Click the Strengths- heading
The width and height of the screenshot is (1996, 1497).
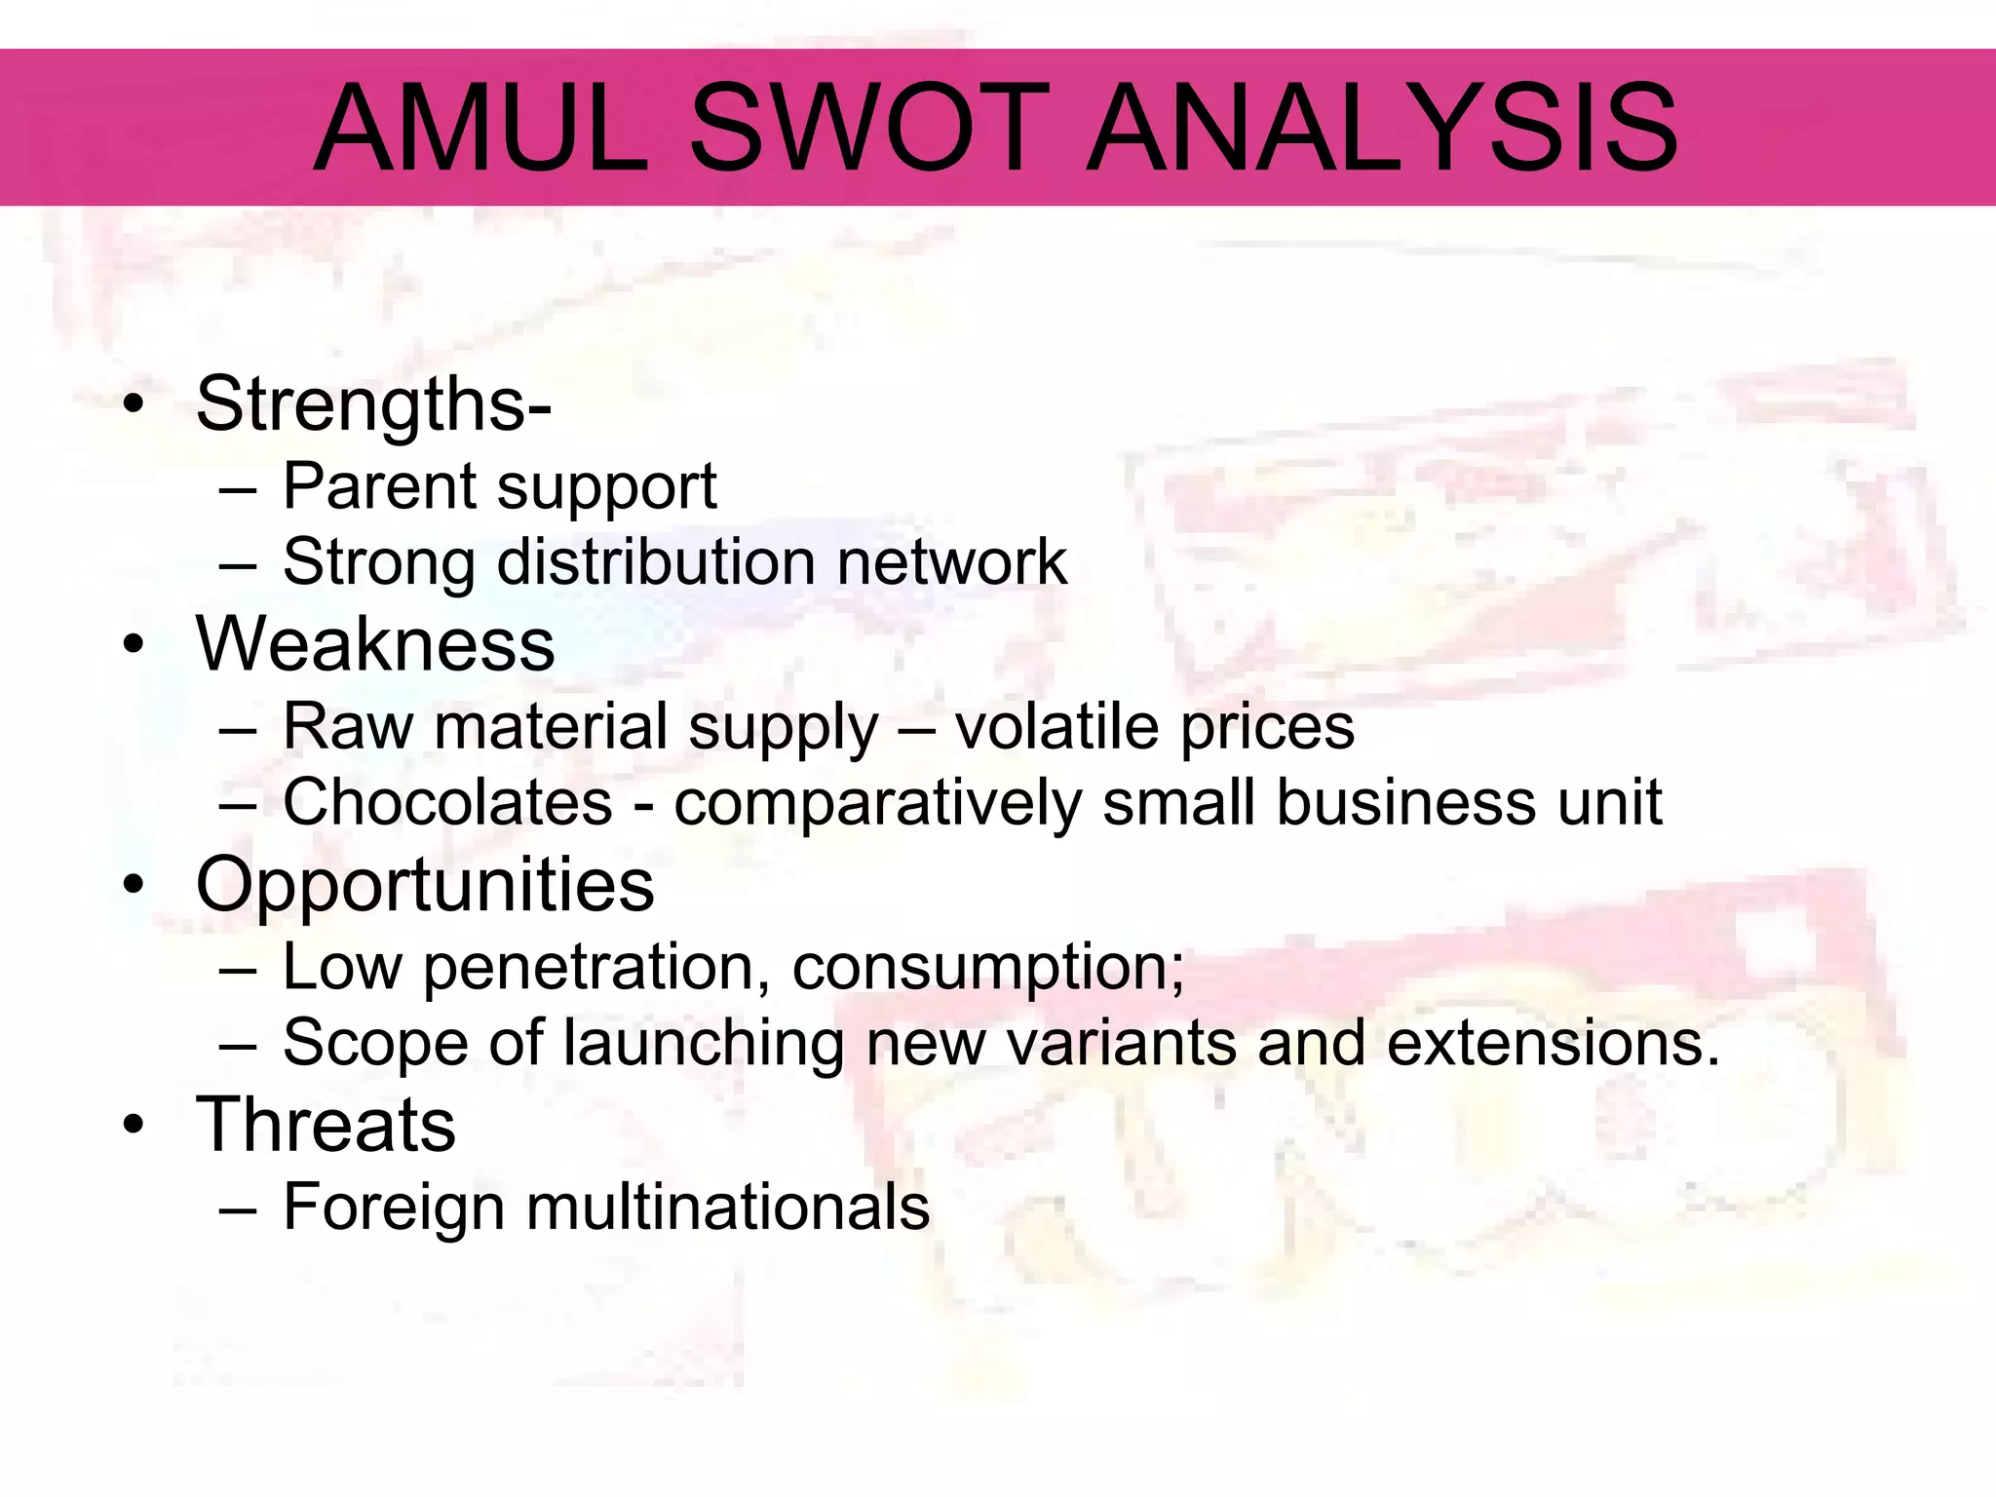coord(373,403)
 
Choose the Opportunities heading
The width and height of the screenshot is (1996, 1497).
coord(425,884)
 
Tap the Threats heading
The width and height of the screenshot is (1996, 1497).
coord(326,1124)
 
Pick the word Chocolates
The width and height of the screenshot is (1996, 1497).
coord(447,802)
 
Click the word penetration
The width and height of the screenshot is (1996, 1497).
coord(589,967)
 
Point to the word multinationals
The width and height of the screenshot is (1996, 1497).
coord(728,1207)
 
